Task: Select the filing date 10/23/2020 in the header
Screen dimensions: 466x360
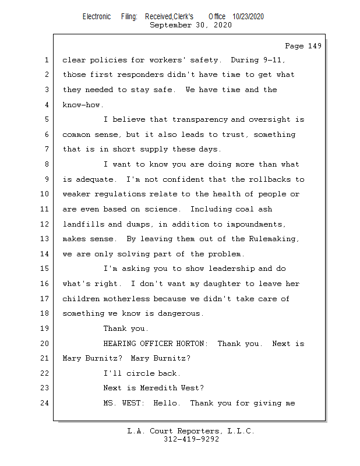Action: coord(248,17)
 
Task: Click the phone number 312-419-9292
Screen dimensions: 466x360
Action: coord(191,440)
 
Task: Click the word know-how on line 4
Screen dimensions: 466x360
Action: coord(83,105)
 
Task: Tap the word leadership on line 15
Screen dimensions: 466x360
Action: coord(229,269)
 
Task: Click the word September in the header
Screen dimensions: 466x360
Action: coord(171,25)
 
